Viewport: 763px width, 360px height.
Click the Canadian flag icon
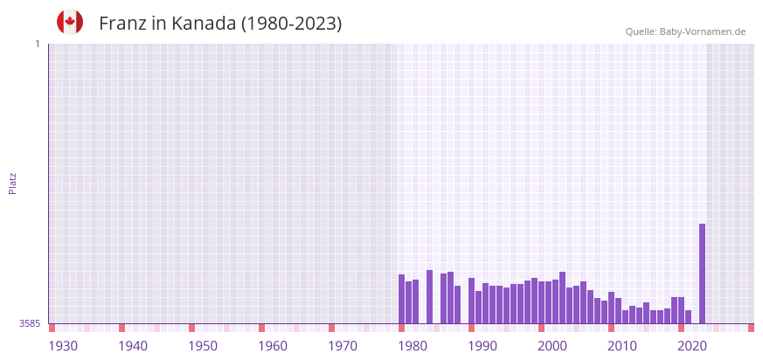(70, 23)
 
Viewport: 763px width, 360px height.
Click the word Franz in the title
(122, 24)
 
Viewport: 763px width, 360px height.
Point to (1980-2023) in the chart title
(291, 24)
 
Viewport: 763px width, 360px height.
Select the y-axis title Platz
(12, 183)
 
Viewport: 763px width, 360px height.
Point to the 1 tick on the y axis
(37, 44)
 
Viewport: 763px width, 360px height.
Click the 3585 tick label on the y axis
(30, 323)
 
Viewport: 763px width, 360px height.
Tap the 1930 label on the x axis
(63, 346)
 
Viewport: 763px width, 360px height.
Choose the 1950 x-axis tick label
(203, 346)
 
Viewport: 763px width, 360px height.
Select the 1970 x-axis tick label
(343, 346)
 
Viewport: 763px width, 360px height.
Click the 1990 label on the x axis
(482, 346)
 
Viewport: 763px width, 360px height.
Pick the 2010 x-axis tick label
(622, 346)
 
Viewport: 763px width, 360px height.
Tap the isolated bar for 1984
(430, 297)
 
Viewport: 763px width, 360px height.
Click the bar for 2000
(542, 302)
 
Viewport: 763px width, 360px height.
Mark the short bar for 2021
(688, 317)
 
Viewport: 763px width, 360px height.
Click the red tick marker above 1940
(122, 328)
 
